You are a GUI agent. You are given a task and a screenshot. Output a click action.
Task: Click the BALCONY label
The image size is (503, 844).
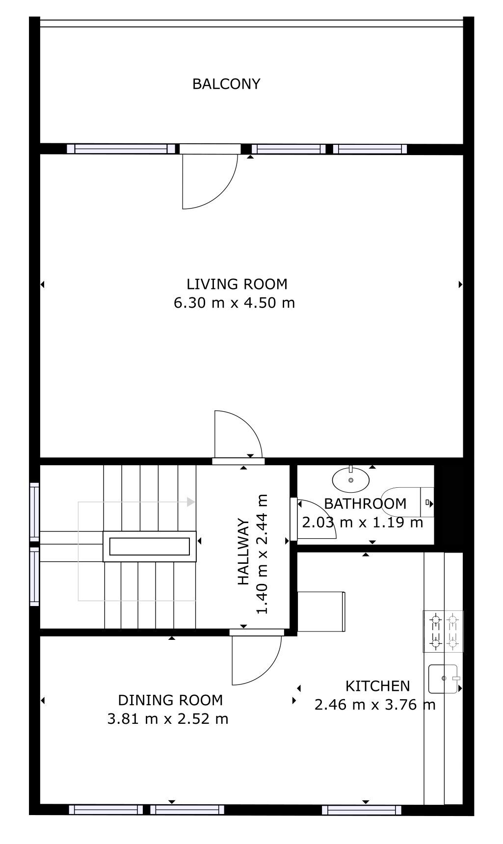(226, 84)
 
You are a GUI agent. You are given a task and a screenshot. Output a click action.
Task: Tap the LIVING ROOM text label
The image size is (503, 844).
(237, 284)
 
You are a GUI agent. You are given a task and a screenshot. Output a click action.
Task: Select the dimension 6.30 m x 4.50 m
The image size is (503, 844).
(234, 303)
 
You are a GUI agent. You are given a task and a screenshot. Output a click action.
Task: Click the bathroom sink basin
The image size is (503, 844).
(351, 479)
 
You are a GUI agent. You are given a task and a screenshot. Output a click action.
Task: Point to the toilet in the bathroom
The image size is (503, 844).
(407, 502)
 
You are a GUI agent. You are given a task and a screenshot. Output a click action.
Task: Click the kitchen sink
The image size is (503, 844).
(443, 679)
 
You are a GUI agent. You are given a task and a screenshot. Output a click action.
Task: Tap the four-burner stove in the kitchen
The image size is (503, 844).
(443, 632)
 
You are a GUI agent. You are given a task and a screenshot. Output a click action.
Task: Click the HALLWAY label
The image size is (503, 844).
(243, 553)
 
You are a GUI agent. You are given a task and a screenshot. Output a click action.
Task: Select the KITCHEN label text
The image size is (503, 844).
(377, 686)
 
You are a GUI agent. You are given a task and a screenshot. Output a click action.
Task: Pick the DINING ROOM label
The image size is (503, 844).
(170, 700)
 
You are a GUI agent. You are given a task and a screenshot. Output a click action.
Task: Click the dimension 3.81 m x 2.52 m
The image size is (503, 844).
(168, 719)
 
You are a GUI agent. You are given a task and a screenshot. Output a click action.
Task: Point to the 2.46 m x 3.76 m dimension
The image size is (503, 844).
(375, 705)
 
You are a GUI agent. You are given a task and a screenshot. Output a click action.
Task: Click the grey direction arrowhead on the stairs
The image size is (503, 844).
(190, 502)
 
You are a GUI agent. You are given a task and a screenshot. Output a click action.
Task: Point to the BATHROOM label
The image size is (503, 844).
(365, 503)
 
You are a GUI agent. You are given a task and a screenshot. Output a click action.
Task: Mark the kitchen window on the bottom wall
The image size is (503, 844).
(362, 810)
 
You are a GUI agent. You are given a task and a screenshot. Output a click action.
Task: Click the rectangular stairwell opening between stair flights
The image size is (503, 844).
(150, 546)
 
